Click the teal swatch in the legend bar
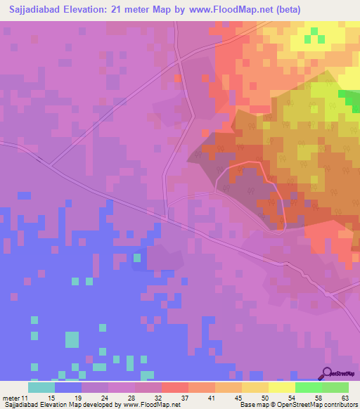pos(41,387)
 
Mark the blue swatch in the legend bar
pos(68,387)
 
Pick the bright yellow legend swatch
pos(281,387)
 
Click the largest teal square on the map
pos(72,339)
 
